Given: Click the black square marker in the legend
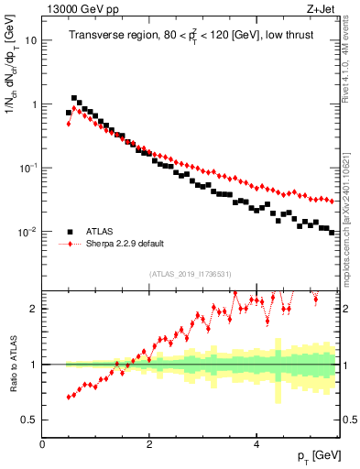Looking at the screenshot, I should (x=70, y=232).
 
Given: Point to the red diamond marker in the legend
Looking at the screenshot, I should (x=70, y=245).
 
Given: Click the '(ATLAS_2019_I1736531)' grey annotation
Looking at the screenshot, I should (x=191, y=274).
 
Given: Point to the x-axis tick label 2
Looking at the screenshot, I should (x=149, y=443).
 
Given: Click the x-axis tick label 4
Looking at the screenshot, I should (x=256, y=443).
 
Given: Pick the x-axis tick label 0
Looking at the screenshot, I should (x=43, y=443).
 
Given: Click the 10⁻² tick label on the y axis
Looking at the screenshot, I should (x=27, y=232).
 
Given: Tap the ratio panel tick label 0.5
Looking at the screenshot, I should (x=29, y=420).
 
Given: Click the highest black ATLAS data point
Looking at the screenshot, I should (x=74, y=98).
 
